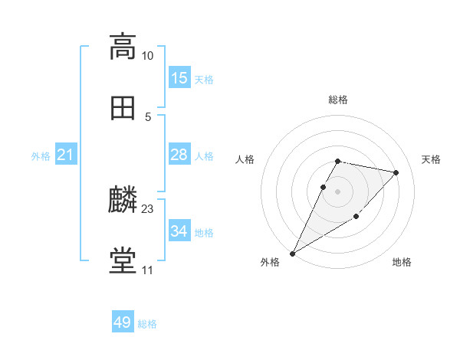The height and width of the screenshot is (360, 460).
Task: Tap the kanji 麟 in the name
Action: click(123, 200)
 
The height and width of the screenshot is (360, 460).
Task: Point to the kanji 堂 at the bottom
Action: click(123, 261)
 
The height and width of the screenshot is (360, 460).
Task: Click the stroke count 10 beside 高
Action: click(147, 55)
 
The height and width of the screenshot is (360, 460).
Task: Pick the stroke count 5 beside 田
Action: click(147, 116)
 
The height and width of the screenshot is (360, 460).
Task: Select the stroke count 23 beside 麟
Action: click(148, 208)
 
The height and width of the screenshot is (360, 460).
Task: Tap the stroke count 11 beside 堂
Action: click(147, 270)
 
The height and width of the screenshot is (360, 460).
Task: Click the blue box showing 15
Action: click(179, 78)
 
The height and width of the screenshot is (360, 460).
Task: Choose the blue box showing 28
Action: click(179, 155)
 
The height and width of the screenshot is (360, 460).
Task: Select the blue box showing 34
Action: click(179, 231)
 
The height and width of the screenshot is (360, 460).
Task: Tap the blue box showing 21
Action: click(65, 155)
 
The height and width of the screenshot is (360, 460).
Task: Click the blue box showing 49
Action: click(123, 322)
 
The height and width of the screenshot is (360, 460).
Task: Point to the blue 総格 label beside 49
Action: click(147, 324)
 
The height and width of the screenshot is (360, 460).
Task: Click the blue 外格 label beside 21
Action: click(41, 156)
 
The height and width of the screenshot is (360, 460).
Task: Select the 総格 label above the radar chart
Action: click(338, 100)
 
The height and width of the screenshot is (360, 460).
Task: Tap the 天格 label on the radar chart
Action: click(431, 159)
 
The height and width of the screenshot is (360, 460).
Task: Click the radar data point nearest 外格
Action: click(293, 253)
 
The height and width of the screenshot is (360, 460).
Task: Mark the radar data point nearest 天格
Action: click(396, 172)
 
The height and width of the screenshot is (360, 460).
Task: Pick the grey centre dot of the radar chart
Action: click(338, 191)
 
